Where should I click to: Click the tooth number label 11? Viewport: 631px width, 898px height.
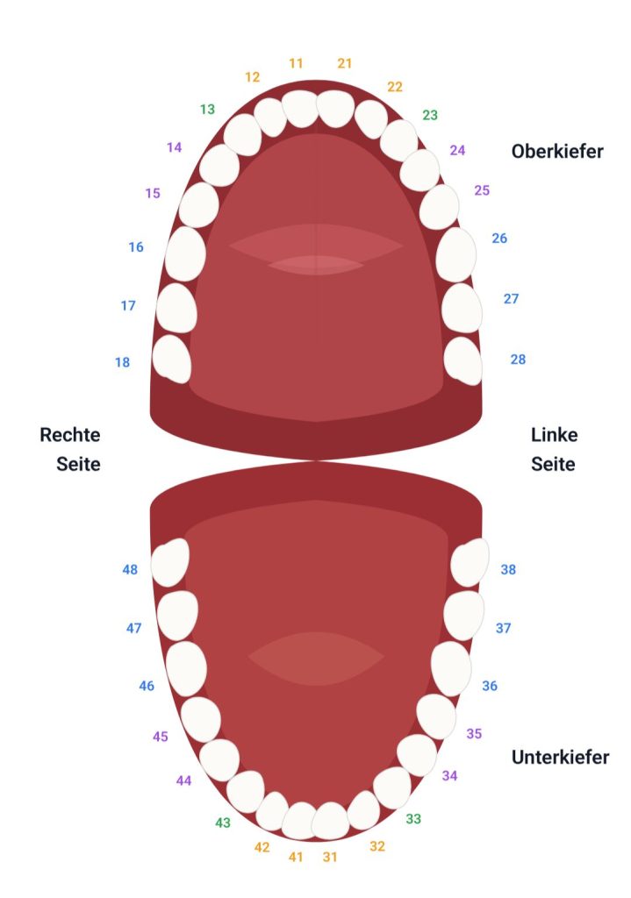pyautogui.click(x=296, y=63)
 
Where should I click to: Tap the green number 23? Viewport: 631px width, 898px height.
pyautogui.click(x=430, y=115)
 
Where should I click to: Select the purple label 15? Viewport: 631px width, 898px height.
pyautogui.click(x=153, y=193)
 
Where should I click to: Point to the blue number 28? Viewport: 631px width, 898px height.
pyautogui.click(x=518, y=359)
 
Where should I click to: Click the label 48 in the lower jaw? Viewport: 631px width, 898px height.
pyautogui.click(x=130, y=570)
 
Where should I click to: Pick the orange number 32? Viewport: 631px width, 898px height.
pyautogui.click(x=377, y=846)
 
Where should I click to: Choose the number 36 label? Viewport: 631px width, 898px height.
pyautogui.click(x=490, y=686)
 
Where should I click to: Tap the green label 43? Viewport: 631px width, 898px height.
pyautogui.click(x=223, y=823)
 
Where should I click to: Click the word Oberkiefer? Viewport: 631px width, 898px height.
pyautogui.click(x=557, y=152)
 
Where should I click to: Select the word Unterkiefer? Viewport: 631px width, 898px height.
pyautogui.click(x=560, y=757)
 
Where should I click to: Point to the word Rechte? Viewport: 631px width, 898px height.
pyautogui.click(x=70, y=435)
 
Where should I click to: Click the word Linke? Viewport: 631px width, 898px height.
pyautogui.click(x=554, y=435)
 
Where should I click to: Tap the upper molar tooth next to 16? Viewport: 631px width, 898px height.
pyautogui.click(x=185, y=253)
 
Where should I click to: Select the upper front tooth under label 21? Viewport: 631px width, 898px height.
pyautogui.click(x=334, y=108)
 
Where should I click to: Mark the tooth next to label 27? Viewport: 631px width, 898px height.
pyautogui.click(x=462, y=307)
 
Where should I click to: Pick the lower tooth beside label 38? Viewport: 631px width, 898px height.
pyautogui.click(x=470, y=562)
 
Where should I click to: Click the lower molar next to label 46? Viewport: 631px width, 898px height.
pyautogui.click(x=186, y=668)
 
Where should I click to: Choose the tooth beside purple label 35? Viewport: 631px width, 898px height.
pyautogui.click(x=436, y=716)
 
